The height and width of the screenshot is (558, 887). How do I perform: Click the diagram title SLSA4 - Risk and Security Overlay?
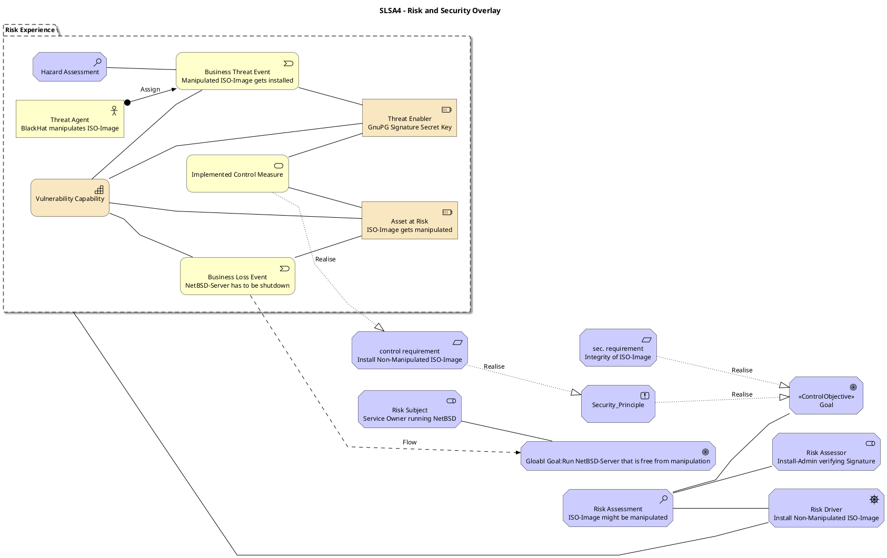pyautogui.click(x=440, y=11)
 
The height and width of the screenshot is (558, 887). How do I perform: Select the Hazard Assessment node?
pyautogui.click(x=69, y=67)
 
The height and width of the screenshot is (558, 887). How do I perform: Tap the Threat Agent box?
pyautogui.click(x=69, y=119)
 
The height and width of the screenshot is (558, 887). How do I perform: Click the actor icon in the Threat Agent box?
pyautogui.click(x=114, y=110)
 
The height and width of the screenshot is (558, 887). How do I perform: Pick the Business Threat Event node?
pyautogui.click(x=237, y=71)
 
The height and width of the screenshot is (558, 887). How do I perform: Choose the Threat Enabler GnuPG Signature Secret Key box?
pyautogui.click(x=410, y=118)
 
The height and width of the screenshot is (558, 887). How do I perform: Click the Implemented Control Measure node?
pyautogui.click(x=237, y=174)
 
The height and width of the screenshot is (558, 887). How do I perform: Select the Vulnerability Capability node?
pyautogui.click(x=69, y=198)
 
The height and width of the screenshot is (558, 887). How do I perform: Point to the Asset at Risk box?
pyautogui.click(x=410, y=220)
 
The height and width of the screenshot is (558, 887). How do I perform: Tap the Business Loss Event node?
pyautogui.click(x=237, y=276)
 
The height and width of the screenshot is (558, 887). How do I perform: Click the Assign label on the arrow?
pyautogui.click(x=150, y=89)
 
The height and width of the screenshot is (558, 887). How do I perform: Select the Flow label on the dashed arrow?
pyautogui.click(x=410, y=442)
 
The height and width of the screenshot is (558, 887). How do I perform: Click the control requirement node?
pyautogui.click(x=410, y=350)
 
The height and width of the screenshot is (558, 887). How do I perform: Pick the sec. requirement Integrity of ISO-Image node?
pyautogui.click(x=617, y=348)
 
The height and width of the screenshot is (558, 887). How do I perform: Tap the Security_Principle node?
pyautogui.click(x=617, y=404)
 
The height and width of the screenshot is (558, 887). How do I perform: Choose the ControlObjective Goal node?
pyautogui.click(x=826, y=395)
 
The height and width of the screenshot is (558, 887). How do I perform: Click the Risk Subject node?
pyautogui.click(x=410, y=409)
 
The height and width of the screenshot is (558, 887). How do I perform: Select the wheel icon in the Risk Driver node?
pyautogui.click(x=874, y=500)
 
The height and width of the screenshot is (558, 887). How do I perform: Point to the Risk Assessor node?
pyautogui.click(x=826, y=452)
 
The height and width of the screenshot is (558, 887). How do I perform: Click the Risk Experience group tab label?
pyautogui.click(x=30, y=30)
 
